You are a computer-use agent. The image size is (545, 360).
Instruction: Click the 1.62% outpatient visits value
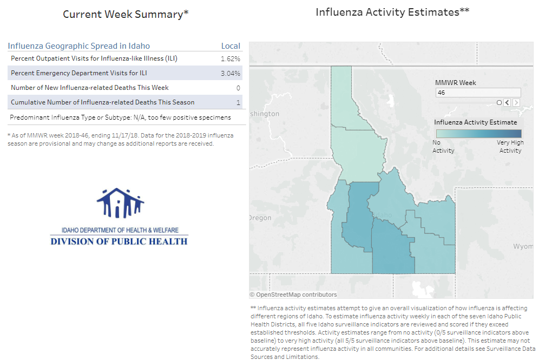click(231, 58)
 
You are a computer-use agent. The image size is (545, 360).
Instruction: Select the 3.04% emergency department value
click(231, 73)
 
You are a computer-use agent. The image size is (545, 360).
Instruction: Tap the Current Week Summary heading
click(126, 15)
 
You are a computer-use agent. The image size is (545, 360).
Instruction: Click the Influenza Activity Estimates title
click(392, 12)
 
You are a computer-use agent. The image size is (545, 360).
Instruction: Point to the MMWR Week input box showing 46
click(478, 93)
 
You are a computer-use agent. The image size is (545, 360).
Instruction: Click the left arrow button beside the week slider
click(507, 102)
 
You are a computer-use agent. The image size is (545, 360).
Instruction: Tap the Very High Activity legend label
click(510, 147)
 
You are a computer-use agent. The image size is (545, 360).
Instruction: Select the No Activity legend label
click(443, 147)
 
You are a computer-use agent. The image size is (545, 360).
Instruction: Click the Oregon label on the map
click(260, 218)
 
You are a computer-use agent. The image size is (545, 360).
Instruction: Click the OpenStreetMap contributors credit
click(293, 294)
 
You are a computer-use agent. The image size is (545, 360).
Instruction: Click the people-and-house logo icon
click(120, 204)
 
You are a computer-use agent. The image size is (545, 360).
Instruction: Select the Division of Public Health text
click(119, 241)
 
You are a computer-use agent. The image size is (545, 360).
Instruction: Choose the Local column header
click(231, 46)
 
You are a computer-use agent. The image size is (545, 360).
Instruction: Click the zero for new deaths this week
click(238, 88)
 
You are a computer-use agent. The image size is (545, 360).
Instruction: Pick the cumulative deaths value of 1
click(238, 102)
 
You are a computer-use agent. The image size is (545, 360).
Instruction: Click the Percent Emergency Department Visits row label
click(79, 73)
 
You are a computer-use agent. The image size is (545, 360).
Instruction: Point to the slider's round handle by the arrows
click(500, 102)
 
